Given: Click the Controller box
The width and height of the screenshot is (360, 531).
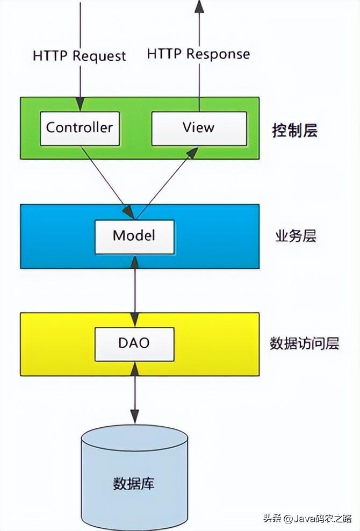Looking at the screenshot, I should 80,128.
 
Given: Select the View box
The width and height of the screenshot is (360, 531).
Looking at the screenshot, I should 199,128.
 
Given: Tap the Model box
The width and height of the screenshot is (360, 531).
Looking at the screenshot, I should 134,236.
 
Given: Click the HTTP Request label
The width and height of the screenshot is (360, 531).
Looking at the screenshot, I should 80,56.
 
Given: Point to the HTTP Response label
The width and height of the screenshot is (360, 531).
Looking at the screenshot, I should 198,54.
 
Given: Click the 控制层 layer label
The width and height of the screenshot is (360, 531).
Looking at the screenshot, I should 295,130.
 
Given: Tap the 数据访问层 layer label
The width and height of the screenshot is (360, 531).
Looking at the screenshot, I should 305,343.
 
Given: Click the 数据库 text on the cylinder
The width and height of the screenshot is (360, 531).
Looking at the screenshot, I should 134,482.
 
